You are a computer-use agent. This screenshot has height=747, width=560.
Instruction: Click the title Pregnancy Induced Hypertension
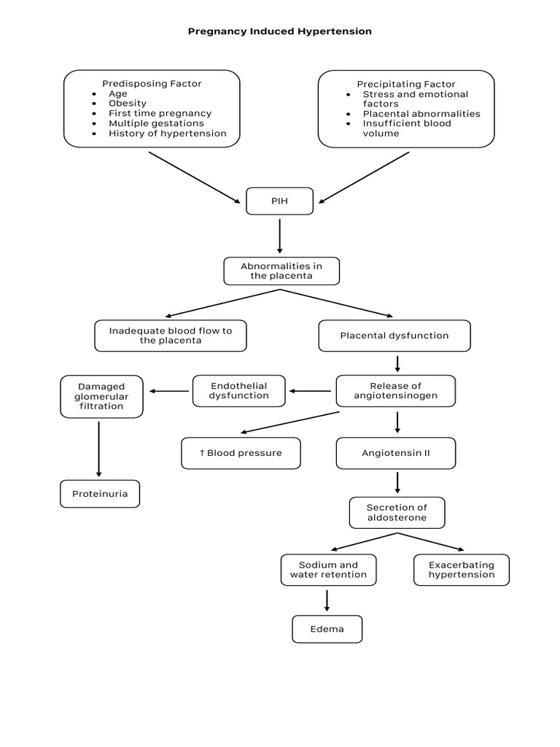[280, 31]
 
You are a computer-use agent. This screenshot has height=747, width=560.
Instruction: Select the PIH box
[279, 201]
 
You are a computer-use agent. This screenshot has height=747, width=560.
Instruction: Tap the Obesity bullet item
[128, 104]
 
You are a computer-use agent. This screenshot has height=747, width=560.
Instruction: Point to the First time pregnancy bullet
[160, 114]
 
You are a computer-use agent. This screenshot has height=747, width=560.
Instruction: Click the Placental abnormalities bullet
[421, 114]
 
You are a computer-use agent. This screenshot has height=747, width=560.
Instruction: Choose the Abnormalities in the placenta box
[281, 271]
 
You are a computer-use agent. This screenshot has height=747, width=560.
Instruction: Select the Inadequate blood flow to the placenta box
[170, 336]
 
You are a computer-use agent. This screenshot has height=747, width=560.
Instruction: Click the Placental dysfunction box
[394, 336]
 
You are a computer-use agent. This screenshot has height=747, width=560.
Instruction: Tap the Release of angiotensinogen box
[395, 391]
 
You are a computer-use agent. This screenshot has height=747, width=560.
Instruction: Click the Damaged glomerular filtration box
[101, 396]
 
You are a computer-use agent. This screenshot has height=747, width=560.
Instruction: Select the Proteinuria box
[99, 494]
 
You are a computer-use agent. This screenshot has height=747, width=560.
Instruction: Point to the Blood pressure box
[240, 453]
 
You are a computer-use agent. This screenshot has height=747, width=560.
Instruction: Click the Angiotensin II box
[395, 453]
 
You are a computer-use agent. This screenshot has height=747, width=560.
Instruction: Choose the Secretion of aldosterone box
[397, 513]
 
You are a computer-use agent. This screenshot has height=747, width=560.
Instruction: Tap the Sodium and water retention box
[328, 570]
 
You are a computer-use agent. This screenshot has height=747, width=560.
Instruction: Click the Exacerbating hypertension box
[461, 570]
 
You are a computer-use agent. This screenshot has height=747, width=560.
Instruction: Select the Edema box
[327, 629]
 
